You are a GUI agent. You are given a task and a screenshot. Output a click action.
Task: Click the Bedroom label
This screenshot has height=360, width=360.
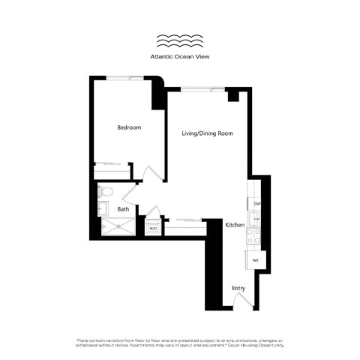pyautogui.click(x=129, y=127)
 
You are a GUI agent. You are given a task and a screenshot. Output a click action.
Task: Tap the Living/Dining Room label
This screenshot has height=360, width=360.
pyautogui.click(x=208, y=133)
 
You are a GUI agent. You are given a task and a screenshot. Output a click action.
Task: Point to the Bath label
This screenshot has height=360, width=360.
pyautogui.click(x=123, y=209)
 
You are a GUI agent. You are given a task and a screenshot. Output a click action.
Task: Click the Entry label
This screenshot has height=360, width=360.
pyautogui.click(x=238, y=287)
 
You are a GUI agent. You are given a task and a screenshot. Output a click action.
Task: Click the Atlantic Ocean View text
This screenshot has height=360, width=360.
pyautogui.click(x=180, y=56)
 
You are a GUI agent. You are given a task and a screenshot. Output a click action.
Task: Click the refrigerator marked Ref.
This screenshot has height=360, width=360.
pyautogui.click(x=256, y=260)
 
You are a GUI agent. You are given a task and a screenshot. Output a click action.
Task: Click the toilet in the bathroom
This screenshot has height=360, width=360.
pyautogui.click(x=104, y=192)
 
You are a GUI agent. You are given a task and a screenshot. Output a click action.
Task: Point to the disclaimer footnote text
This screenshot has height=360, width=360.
pyautogui.click(x=180, y=343)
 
